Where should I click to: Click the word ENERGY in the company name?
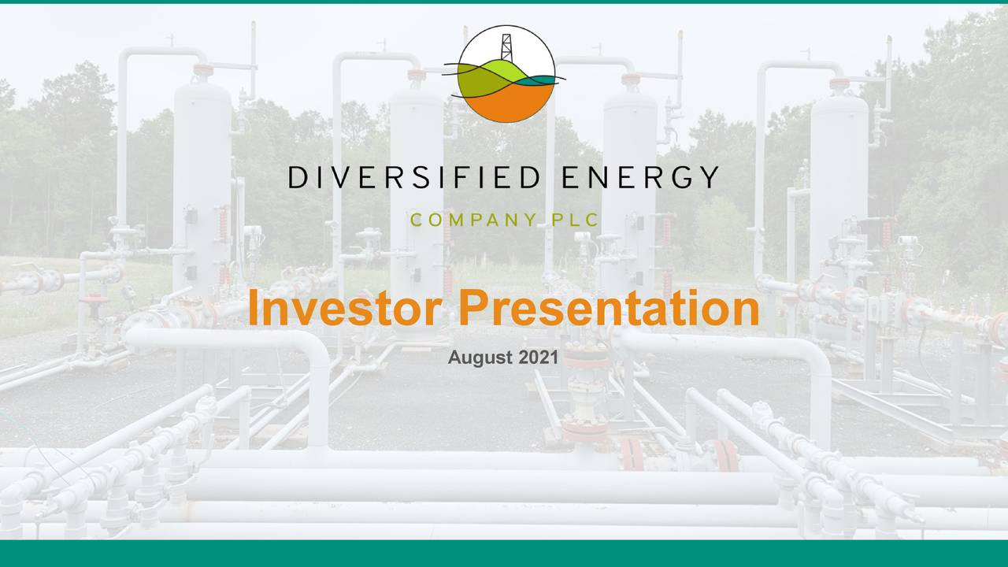[x=640, y=178]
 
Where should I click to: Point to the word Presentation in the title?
[x=610, y=309]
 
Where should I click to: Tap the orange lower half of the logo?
[x=506, y=102]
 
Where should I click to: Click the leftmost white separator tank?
[x=202, y=173]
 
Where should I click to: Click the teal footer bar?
[x=504, y=553]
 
